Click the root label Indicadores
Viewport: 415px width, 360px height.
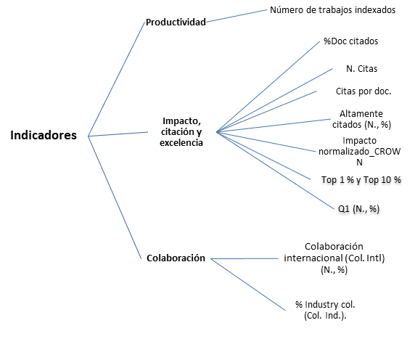click(44, 135)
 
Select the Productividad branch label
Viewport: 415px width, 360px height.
click(176, 22)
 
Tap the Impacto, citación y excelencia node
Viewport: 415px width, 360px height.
click(181, 131)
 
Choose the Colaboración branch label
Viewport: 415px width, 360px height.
click(176, 258)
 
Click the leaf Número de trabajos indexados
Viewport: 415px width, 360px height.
click(332, 9)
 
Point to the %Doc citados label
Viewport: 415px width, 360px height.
click(350, 41)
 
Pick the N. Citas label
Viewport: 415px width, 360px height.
click(361, 68)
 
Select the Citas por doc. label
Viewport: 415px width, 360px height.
click(363, 91)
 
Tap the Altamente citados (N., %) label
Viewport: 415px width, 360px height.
click(361, 119)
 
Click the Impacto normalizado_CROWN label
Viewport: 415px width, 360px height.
click(359, 151)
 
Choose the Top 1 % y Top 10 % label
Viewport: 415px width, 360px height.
click(361, 180)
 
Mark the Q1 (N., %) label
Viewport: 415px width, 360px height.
click(358, 209)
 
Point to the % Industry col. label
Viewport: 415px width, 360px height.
click(325, 304)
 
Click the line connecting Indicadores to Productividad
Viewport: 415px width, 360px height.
click(117, 79)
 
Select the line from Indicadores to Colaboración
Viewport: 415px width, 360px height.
click(115, 197)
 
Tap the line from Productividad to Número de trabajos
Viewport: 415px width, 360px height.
click(237, 16)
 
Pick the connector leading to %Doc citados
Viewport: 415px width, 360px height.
click(268, 86)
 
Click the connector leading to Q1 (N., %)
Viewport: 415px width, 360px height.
click(275, 171)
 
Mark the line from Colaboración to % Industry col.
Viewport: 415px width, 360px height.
click(248, 285)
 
